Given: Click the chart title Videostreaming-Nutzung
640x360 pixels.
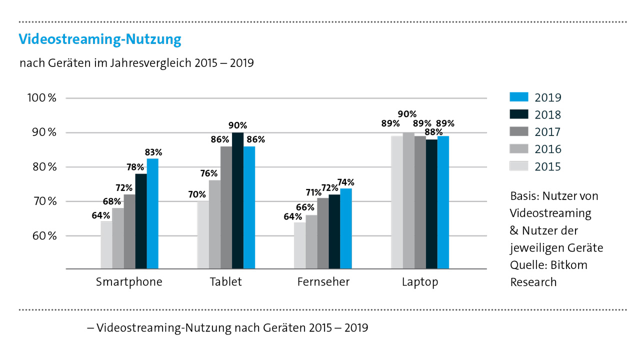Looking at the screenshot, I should coord(99,39).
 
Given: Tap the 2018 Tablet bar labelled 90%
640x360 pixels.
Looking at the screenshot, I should coord(237,200).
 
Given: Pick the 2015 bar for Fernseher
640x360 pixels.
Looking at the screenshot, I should coord(299,245).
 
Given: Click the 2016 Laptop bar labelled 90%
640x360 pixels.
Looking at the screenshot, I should coord(409,200).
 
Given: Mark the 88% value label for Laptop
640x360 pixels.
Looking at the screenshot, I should coord(431,132).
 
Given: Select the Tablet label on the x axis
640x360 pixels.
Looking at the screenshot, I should coord(226,282).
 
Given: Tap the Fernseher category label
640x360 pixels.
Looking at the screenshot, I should coord(323,282).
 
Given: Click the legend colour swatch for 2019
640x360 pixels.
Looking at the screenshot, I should coord(518,97).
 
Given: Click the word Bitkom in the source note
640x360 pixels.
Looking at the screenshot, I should coord(570,265).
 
